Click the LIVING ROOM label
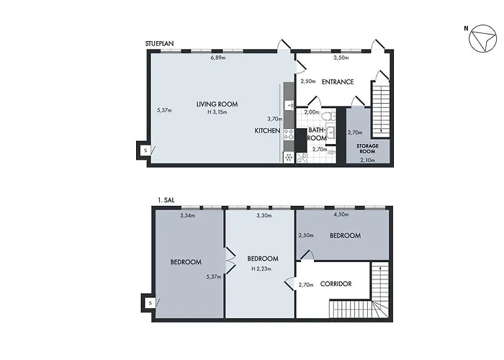click(217, 104)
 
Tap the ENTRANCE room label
click(338, 82)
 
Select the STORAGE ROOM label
click(367, 148)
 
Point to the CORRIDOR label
click(336, 284)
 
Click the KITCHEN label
click(267, 131)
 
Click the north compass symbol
click(483, 39)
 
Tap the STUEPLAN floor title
click(159, 44)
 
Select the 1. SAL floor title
click(166, 200)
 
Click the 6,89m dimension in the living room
click(218, 58)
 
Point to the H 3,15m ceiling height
click(217, 112)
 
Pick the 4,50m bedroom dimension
click(341, 215)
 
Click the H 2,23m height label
click(261, 269)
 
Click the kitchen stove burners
click(289, 135)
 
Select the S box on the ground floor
click(145, 150)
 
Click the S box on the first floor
click(150, 303)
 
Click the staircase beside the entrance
click(381, 109)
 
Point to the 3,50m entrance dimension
click(341, 58)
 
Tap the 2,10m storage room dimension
click(367, 161)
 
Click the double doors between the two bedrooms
click(231, 261)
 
